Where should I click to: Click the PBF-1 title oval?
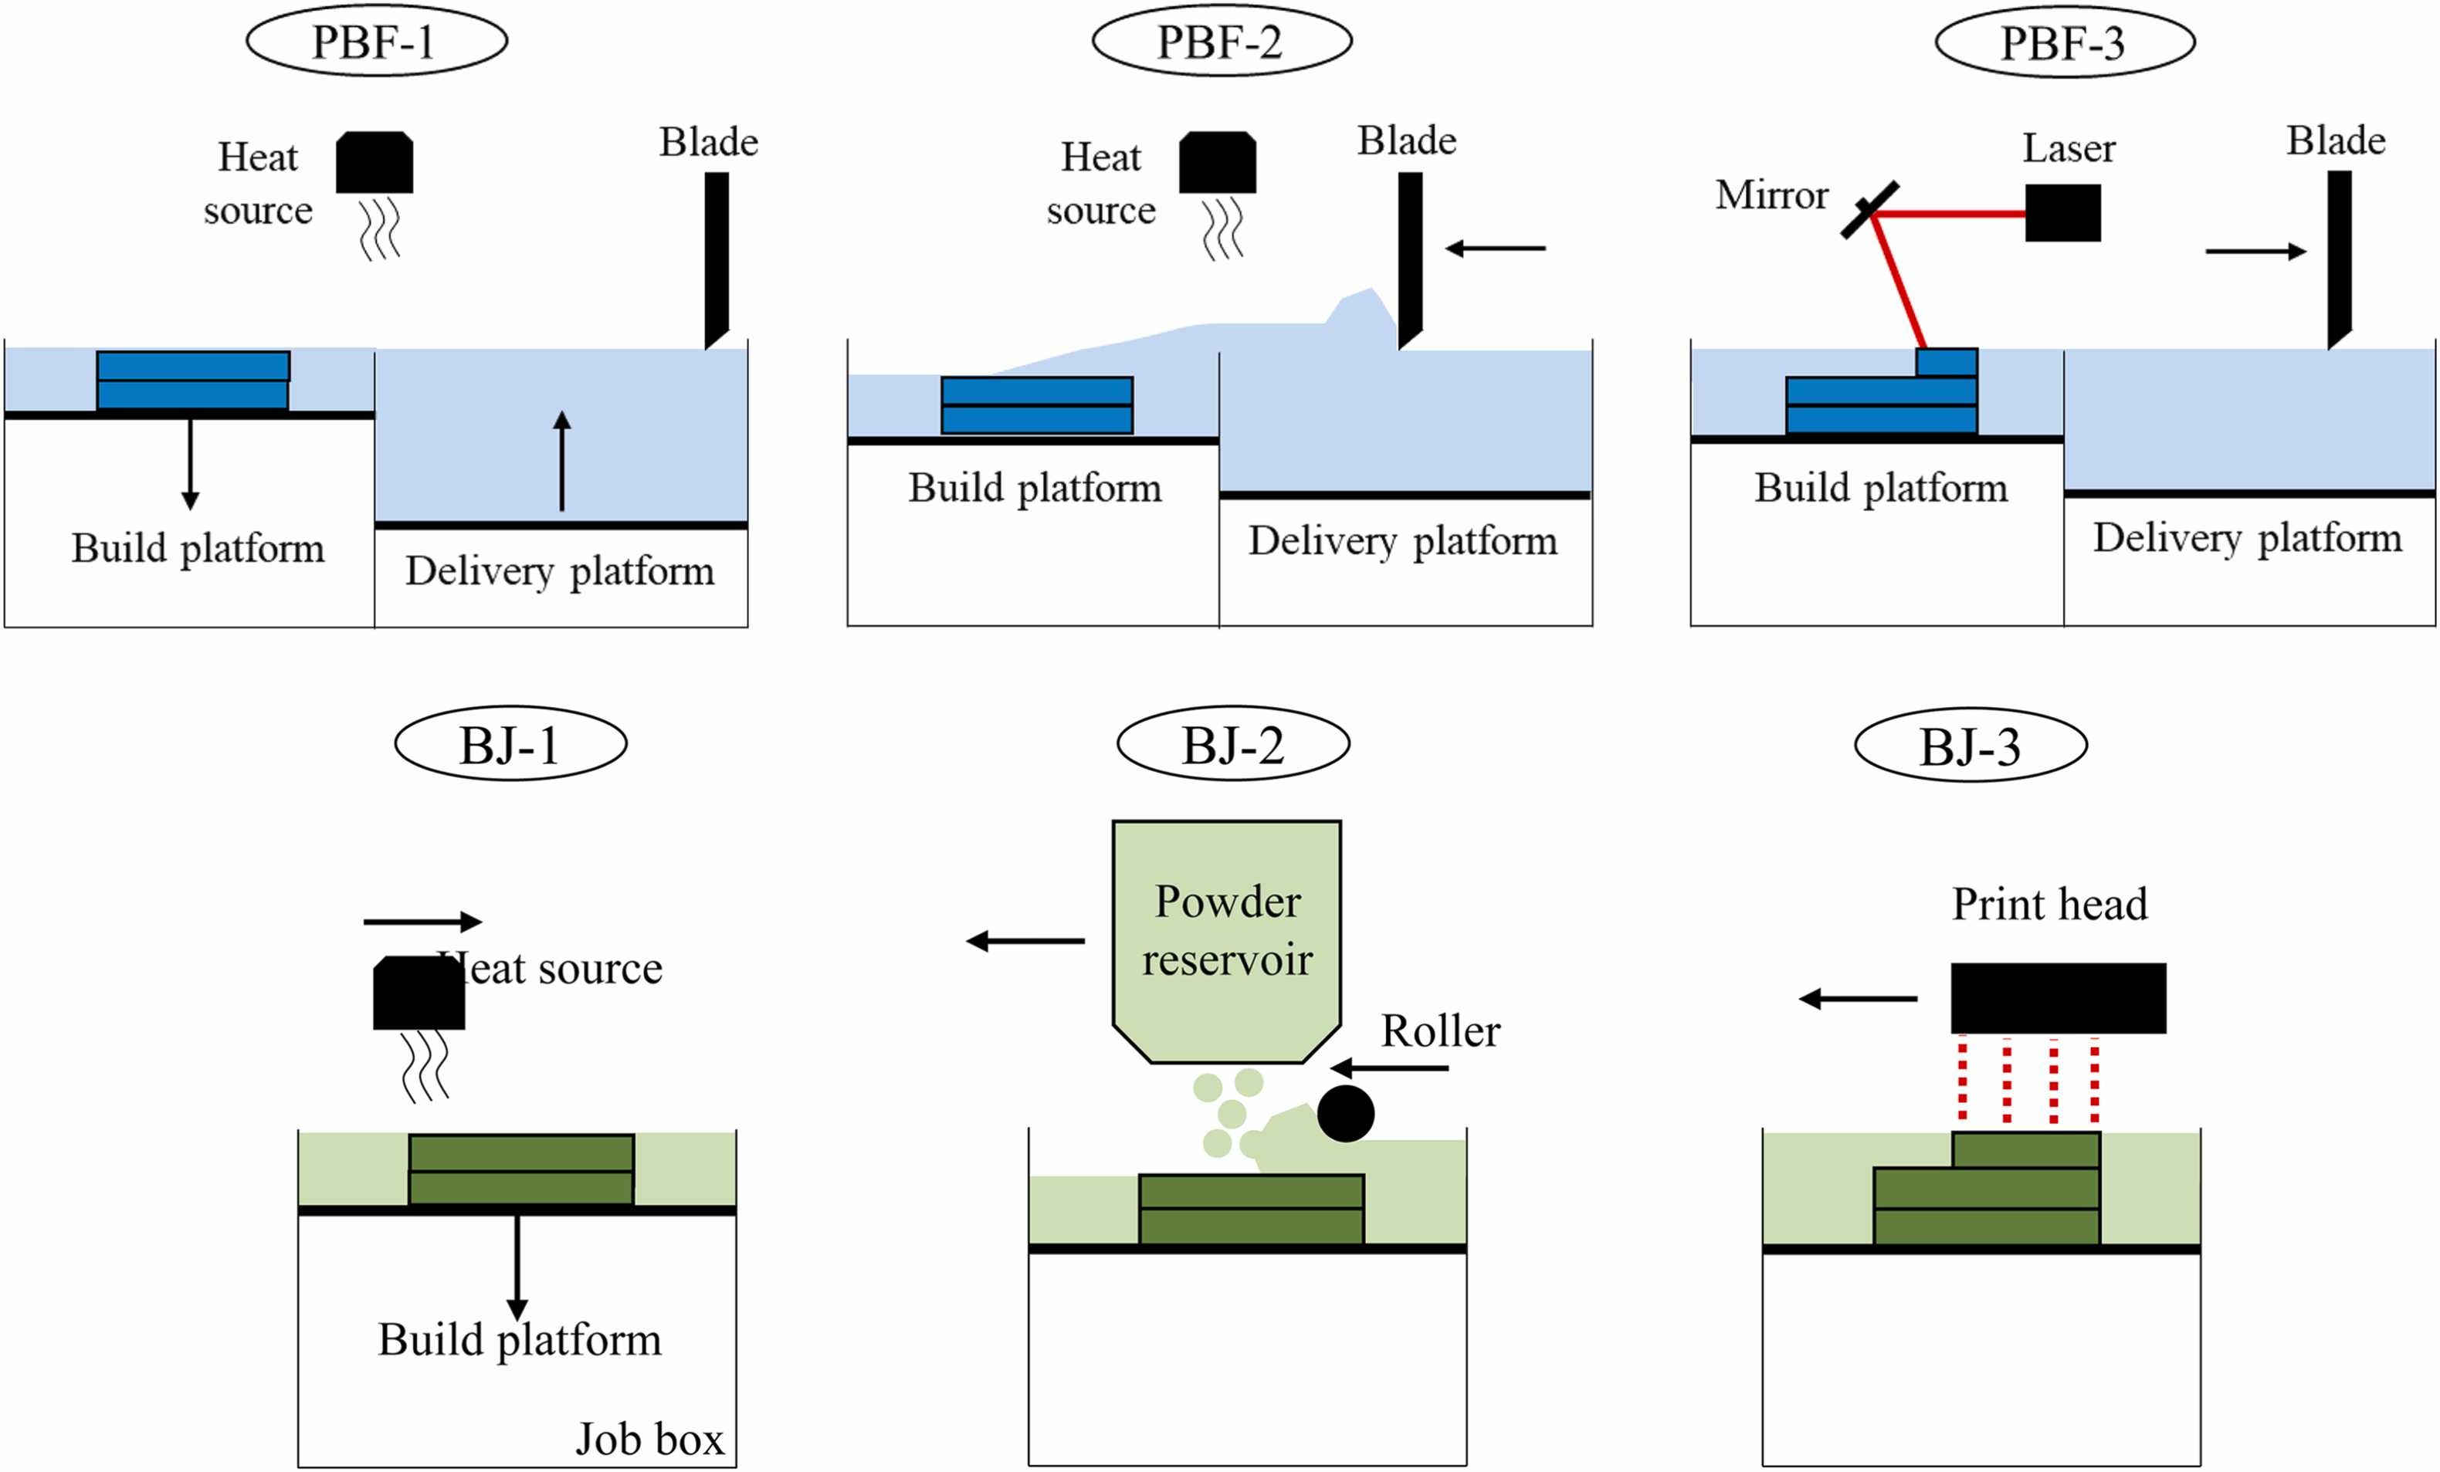coord(376,42)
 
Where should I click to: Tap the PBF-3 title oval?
coord(2065,42)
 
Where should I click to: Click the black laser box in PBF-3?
coord(2062,213)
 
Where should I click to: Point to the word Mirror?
coord(1771,195)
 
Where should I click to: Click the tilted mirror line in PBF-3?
coord(1869,210)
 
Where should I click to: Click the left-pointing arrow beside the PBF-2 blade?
coord(1496,249)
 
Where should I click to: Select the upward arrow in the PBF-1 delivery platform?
coord(561,460)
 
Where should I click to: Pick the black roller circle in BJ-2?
coord(1346,1114)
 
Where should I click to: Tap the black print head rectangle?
coord(2058,998)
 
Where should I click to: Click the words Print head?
coord(2049,904)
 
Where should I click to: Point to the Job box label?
coord(649,1438)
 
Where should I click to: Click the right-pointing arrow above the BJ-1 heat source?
coord(423,922)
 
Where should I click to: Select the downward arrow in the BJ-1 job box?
coord(517,1267)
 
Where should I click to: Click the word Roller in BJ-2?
coord(1440,1031)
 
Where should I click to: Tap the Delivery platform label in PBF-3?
coord(2247,537)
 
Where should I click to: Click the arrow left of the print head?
coord(1858,999)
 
